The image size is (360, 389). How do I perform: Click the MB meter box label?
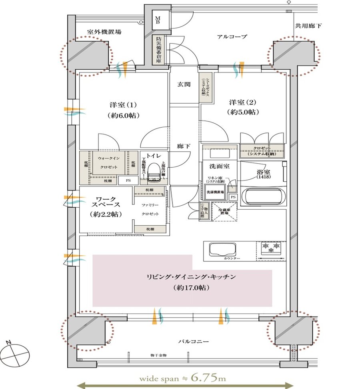pyautogui.click(x=158, y=20)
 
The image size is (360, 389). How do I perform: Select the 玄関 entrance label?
pyautogui.click(x=184, y=84)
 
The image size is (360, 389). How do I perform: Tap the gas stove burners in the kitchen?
pyautogui.click(x=271, y=248)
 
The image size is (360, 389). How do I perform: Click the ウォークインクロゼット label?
pyautogui.click(x=107, y=162)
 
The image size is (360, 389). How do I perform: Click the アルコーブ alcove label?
pyautogui.click(x=232, y=36)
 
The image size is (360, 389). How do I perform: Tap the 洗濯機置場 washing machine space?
pyautogui.click(x=216, y=191)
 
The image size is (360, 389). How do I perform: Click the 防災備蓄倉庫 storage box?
pyautogui.click(x=159, y=50)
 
